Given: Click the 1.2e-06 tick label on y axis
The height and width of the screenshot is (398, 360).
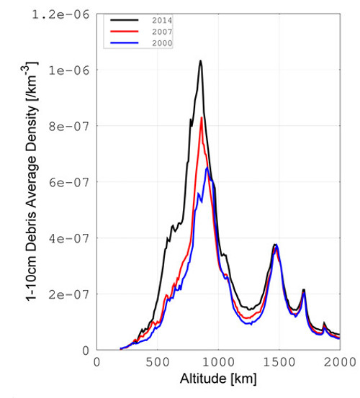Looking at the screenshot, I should pos(66,14).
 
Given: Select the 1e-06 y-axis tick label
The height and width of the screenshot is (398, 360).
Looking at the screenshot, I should pos(72,70).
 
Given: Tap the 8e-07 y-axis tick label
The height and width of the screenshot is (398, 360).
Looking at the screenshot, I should pos(72,126).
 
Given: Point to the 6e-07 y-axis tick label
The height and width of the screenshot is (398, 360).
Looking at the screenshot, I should pos(72,182).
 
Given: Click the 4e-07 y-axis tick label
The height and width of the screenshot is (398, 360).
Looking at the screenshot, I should pos(72,238).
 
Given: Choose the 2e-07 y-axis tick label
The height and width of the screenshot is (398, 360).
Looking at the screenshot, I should pos(72,294).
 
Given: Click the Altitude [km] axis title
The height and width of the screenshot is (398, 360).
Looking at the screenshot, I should pos(218,379).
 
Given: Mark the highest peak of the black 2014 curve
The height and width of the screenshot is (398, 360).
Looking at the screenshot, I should pos(200,61).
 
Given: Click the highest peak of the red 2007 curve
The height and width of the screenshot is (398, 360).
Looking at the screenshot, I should pos(202,117).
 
